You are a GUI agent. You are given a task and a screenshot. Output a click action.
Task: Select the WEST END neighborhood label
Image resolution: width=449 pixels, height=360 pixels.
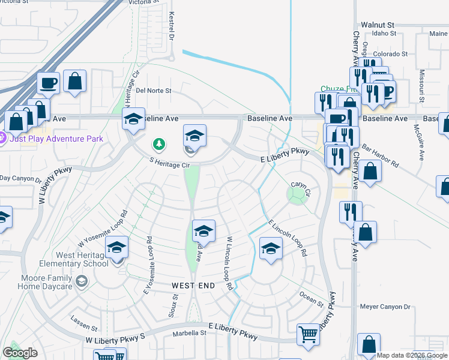[x=193, y=286]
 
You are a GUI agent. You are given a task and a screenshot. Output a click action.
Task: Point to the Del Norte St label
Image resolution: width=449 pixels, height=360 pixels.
[x=154, y=91]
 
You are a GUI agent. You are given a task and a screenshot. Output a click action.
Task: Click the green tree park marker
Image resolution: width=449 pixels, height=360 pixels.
[x=158, y=144]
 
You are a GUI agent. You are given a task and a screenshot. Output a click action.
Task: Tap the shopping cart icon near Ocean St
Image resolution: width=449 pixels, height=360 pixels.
[x=309, y=335]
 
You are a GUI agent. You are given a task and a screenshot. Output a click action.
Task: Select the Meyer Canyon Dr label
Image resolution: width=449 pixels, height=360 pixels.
[x=385, y=307]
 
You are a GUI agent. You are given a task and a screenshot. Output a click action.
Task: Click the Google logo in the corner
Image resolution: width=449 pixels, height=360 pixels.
[x=20, y=353]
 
